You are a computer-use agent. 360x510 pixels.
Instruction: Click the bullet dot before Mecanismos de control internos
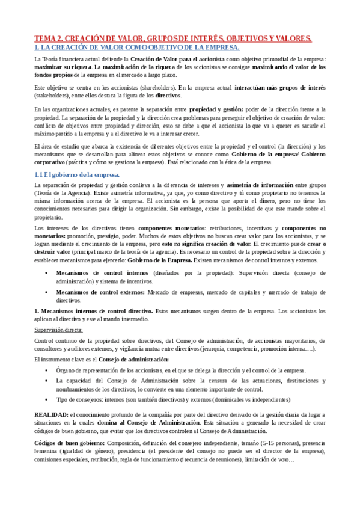click(x=47, y=274)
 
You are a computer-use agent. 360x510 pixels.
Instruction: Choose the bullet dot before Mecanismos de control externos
click(x=47, y=292)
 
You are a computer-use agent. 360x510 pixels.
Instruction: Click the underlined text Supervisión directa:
click(x=59, y=330)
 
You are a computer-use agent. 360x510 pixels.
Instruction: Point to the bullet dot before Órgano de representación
click(x=47, y=370)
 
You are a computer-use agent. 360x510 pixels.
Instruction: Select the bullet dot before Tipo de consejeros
click(x=47, y=399)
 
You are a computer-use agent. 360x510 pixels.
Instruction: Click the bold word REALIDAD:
click(x=50, y=415)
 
